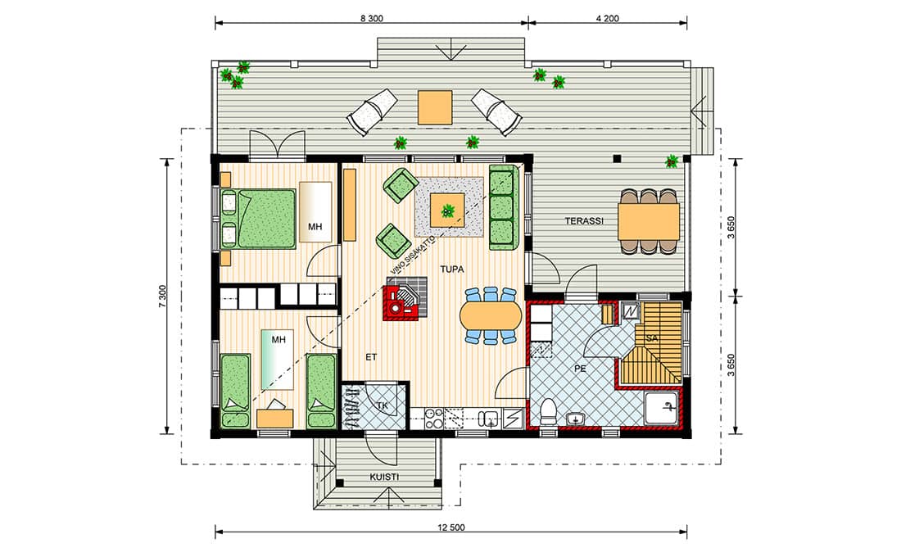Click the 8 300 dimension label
pos(371,18)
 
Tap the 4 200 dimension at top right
pos(608,18)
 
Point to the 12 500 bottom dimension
pos(451,528)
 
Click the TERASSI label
pos(584,220)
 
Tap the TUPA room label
pos(451,269)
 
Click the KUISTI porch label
pos(384,477)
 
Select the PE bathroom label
pos(581,369)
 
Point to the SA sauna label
pos(652,338)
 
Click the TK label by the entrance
pos(383,405)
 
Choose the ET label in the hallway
pos(371,357)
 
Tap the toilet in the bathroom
pos(549,411)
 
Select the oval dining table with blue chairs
pos(490,315)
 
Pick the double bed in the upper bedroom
pos(258,219)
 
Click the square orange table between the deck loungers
pos(435,107)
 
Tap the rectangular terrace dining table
pos(649,221)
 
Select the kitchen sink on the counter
pos(490,419)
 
